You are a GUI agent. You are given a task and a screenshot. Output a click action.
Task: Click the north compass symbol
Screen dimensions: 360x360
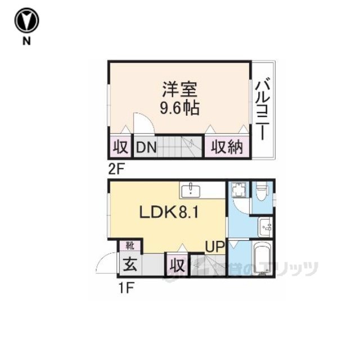pyautogui.click(x=26, y=21)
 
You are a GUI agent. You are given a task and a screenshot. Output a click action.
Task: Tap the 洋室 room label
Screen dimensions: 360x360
pyautogui.click(x=179, y=90)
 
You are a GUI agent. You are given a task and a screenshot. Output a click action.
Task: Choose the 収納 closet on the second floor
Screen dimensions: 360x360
pyautogui.click(x=227, y=148)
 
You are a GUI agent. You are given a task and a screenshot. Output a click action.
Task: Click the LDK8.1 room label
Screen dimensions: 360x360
pyautogui.click(x=167, y=212)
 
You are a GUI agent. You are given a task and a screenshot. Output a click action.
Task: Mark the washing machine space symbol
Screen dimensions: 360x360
pyautogui.click(x=238, y=190)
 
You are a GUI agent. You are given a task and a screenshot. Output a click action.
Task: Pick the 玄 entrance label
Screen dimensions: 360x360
pyautogui.click(x=129, y=264)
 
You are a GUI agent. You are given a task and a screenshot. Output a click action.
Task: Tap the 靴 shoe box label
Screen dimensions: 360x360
pyautogui.click(x=130, y=245)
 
